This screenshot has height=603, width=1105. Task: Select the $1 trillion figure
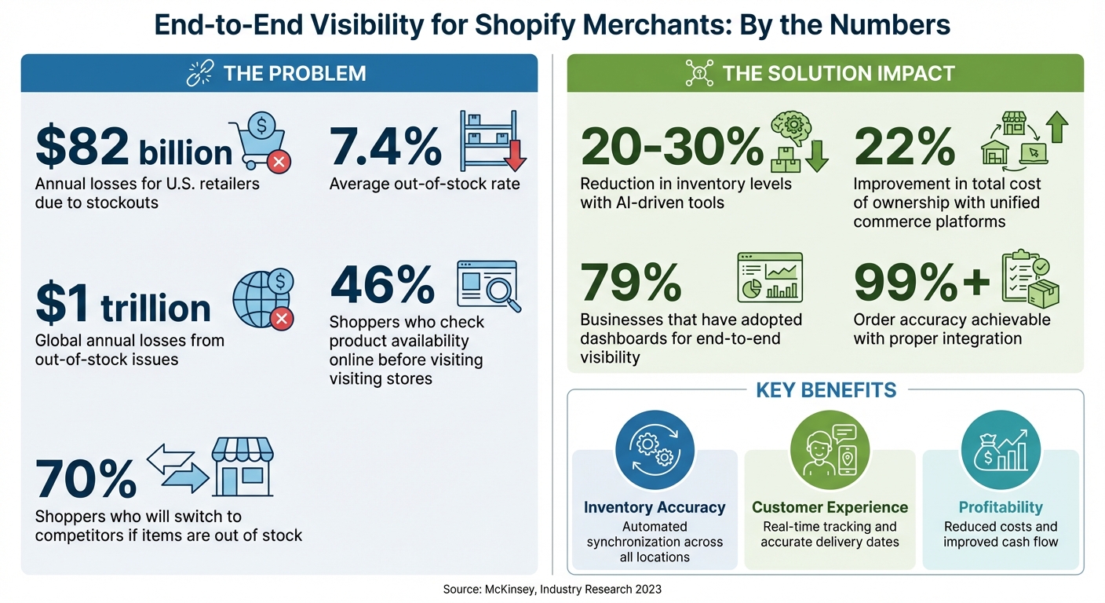point(123,306)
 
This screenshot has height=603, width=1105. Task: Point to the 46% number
point(382,284)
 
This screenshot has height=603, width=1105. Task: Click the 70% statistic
point(86,478)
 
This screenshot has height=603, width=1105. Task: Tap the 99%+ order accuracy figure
point(921,283)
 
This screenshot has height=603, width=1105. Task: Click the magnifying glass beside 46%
point(498,292)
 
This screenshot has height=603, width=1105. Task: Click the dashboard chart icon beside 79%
point(770,277)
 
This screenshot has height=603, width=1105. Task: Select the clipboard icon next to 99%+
point(1029,279)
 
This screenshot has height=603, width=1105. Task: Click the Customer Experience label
point(830,507)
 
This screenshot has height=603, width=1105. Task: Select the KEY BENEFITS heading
point(826,390)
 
